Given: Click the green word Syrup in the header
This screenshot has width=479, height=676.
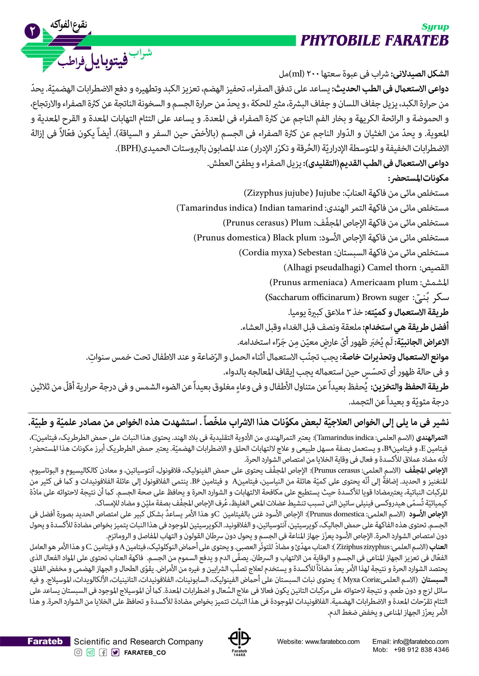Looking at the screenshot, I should point(435,27).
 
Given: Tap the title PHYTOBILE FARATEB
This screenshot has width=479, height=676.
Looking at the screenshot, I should point(374,41).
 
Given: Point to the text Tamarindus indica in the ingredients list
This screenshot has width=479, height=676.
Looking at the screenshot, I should point(217,208).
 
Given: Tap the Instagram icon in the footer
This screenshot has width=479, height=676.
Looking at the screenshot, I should point(78,652).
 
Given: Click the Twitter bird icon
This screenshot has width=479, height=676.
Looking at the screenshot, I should point(115,652).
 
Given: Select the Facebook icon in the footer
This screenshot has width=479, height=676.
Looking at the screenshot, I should point(103,652).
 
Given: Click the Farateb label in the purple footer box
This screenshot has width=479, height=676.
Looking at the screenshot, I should point(45,641).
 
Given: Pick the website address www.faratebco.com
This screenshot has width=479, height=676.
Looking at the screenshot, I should point(332,641).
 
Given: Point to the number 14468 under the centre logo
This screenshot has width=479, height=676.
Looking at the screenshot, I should point(239,655).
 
